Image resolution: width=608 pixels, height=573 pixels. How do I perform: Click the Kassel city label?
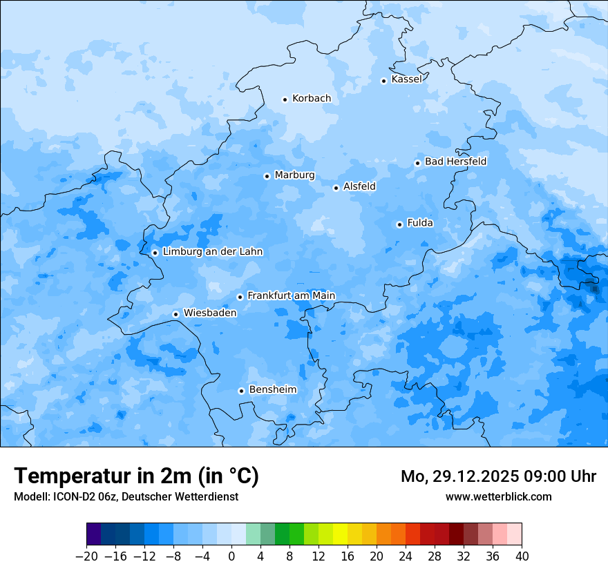406,79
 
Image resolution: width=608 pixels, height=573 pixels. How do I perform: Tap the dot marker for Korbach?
285,99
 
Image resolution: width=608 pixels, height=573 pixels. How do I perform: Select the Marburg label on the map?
294,175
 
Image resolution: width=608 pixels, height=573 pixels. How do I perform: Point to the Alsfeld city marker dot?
336,188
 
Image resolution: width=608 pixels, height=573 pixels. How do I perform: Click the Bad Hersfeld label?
455,162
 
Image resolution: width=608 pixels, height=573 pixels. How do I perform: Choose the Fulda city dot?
399,224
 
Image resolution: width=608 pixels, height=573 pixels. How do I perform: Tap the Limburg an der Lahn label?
212,252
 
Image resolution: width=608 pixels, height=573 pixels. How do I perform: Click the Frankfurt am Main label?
291,295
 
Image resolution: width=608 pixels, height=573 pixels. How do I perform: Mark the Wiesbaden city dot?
175,314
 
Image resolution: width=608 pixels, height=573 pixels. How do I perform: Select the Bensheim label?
272,390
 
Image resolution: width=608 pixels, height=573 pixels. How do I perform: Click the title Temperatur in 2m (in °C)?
136,476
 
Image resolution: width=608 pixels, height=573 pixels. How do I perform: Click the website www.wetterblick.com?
498,496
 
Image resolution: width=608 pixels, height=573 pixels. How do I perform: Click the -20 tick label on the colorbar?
86,556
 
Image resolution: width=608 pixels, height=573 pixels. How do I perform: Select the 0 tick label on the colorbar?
231,556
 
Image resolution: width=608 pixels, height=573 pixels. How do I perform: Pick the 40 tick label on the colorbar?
522,556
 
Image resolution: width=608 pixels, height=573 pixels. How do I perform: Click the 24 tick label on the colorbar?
406,556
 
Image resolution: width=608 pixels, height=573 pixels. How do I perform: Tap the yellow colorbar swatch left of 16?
340,534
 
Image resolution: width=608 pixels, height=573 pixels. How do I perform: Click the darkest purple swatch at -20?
94,534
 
